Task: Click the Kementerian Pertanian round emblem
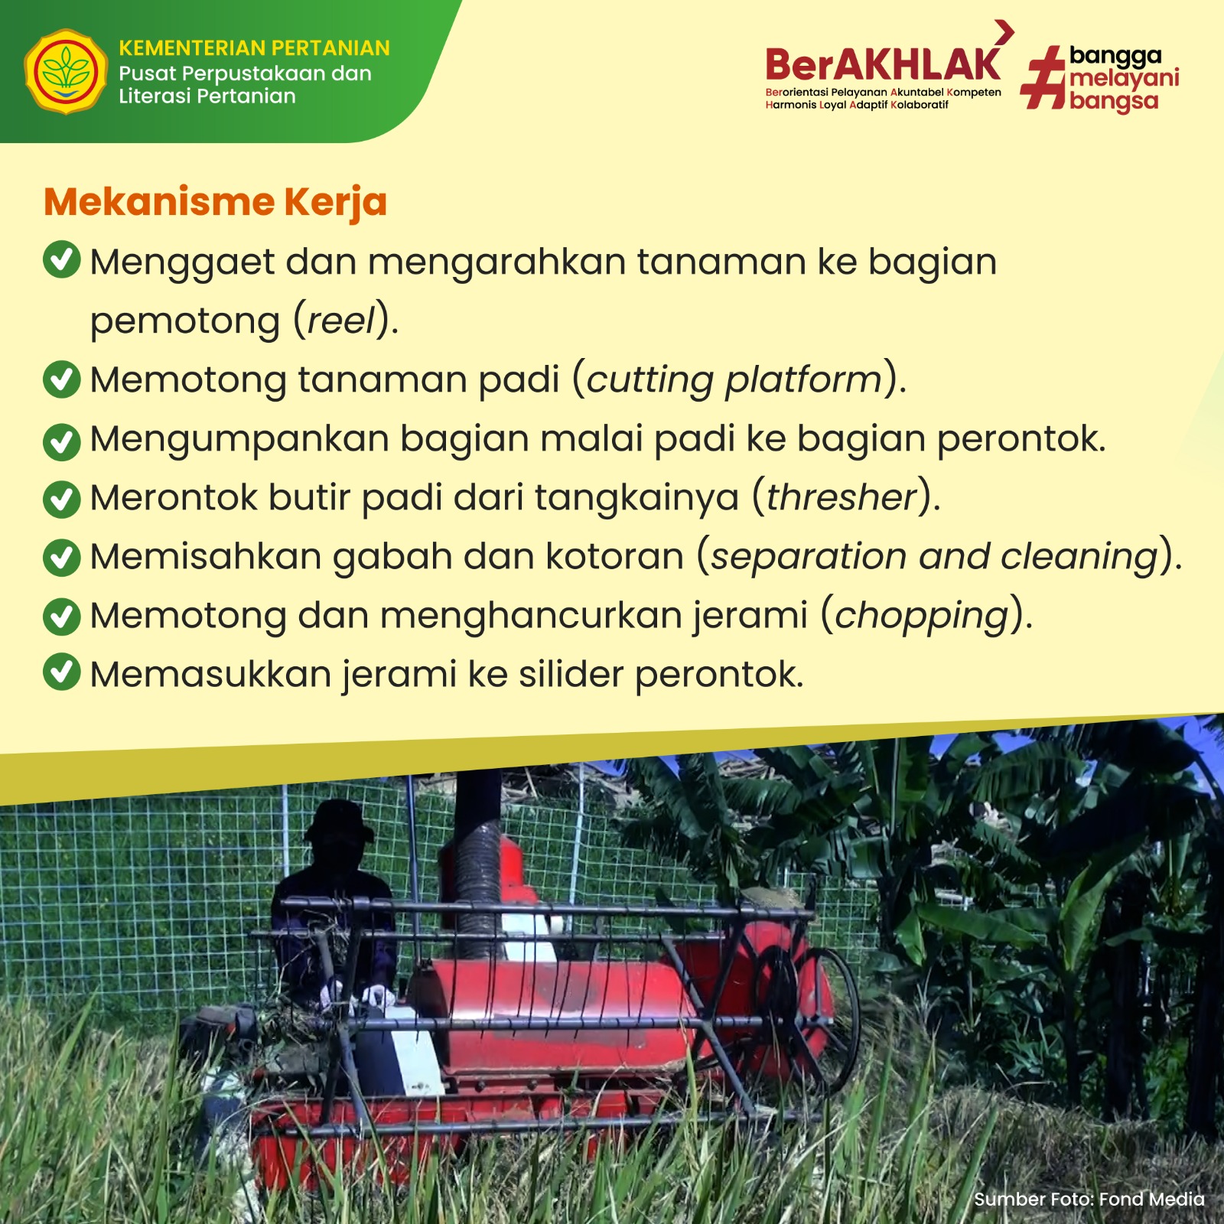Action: point(66,72)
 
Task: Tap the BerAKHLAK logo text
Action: point(883,64)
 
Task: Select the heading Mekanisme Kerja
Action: point(216,203)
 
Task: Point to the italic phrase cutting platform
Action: point(734,380)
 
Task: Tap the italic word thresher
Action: point(841,497)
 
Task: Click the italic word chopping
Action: point(922,617)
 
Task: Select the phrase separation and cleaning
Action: point(934,557)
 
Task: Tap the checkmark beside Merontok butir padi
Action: point(62,499)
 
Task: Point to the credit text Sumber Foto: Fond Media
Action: point(1089,1199)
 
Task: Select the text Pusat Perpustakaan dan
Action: point(245,74)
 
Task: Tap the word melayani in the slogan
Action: point(1125,78)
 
